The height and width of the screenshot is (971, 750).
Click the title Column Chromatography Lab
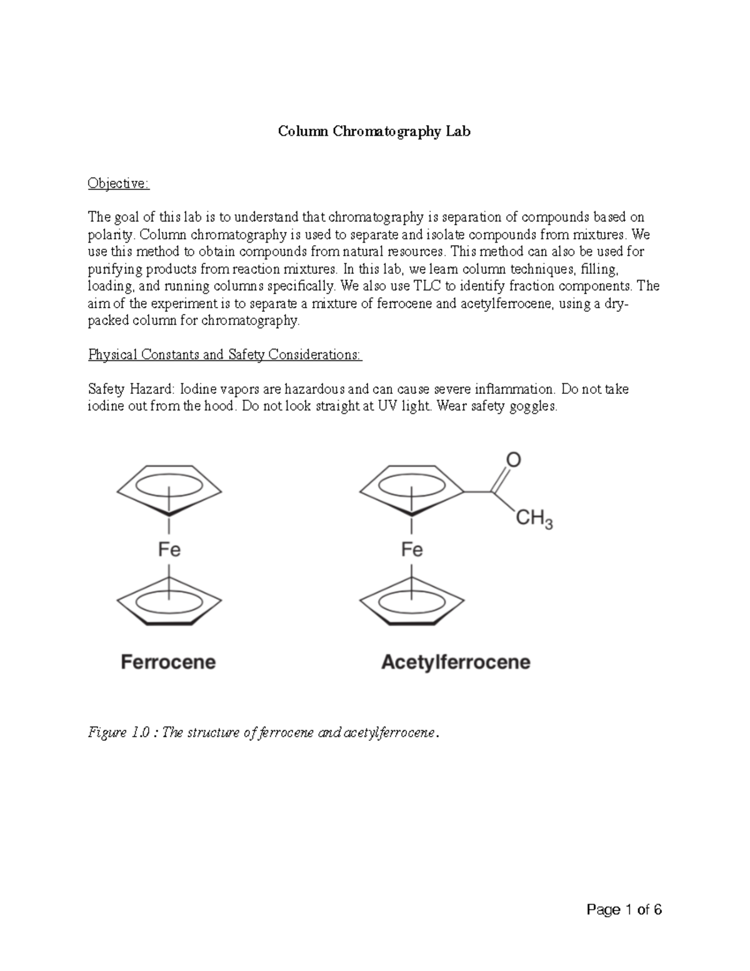(x=374, y=131)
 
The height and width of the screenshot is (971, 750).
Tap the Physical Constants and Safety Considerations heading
(x=225, y=355)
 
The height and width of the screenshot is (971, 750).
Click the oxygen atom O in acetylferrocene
(x=512, y=460)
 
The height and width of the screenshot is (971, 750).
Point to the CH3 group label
(x=534, y=519)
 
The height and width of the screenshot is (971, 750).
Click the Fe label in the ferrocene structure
(x=169, y=550)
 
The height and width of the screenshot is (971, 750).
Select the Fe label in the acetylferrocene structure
(x=412, y=550)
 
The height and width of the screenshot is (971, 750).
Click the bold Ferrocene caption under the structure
(x=168, y=662)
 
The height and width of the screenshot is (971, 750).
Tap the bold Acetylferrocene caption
(x=456, y=662)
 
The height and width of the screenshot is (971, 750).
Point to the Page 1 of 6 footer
(x=624, y=910)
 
